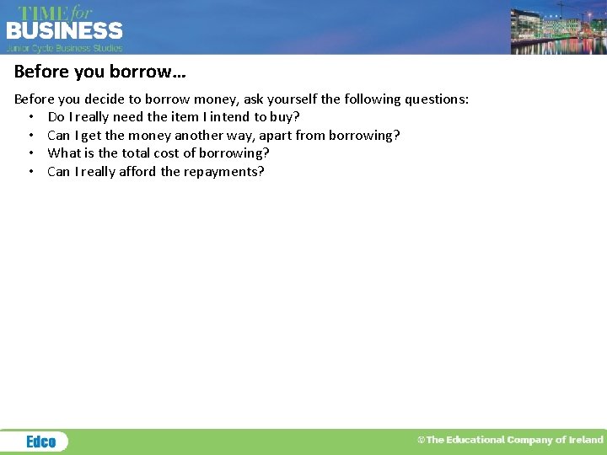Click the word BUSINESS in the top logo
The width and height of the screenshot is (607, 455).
65,31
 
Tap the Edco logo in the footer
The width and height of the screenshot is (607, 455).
40,442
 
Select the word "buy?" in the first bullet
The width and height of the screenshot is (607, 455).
285,117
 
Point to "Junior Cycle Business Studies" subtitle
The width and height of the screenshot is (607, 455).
65,48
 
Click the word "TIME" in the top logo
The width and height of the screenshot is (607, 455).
44,13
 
